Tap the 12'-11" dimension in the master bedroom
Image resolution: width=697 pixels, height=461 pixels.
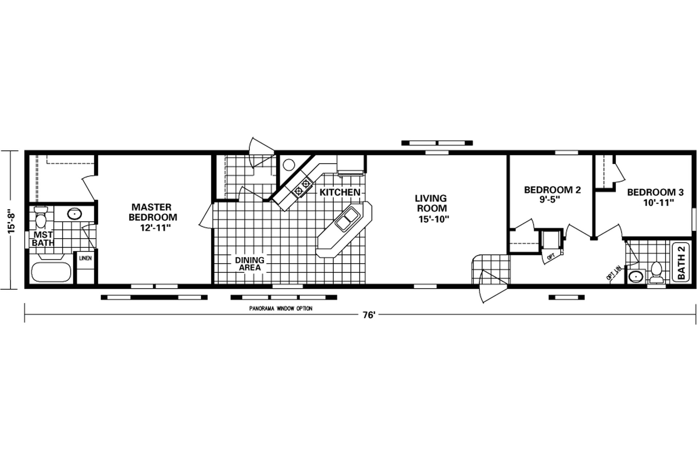click(155, 228)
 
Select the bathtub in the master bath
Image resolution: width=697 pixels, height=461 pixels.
click(51, 272)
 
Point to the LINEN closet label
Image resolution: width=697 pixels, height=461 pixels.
click(85, 258)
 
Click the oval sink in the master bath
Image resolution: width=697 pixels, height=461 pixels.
click(74, 214)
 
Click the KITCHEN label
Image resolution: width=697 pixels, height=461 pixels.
click(340, 192)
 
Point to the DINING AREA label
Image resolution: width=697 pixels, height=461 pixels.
click(250, 264)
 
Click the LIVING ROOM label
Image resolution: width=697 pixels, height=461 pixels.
click(431, 203)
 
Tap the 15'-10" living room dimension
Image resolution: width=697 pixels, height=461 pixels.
click(434, 219)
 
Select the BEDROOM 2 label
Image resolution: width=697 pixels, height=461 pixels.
click(552, 190)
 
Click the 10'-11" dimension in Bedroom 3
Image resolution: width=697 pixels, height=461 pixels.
click(659, 203)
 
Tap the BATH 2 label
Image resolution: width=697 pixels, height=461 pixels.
click(681, 262)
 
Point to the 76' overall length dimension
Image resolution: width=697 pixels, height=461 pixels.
click(368, 315)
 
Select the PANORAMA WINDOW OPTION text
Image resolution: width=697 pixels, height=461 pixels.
click(281, 308)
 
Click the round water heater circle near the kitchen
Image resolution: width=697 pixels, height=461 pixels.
click(289, 165)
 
